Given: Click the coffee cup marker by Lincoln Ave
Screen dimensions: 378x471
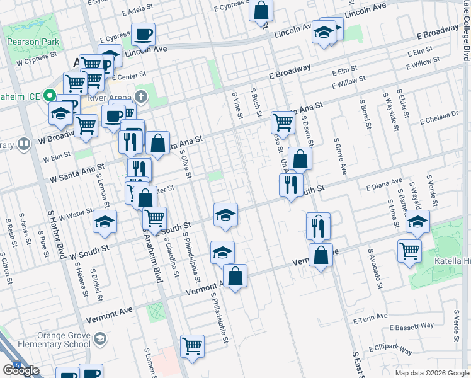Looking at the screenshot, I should tap(143, 34).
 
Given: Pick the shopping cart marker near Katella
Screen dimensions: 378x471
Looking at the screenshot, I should tap(410, 250).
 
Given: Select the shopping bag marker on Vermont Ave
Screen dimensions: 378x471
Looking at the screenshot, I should tap(235, 276).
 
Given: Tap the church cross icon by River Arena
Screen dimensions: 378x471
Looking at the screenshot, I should tap(142, 97).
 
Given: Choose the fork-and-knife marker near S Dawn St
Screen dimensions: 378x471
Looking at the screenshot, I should tap(318, 226).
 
